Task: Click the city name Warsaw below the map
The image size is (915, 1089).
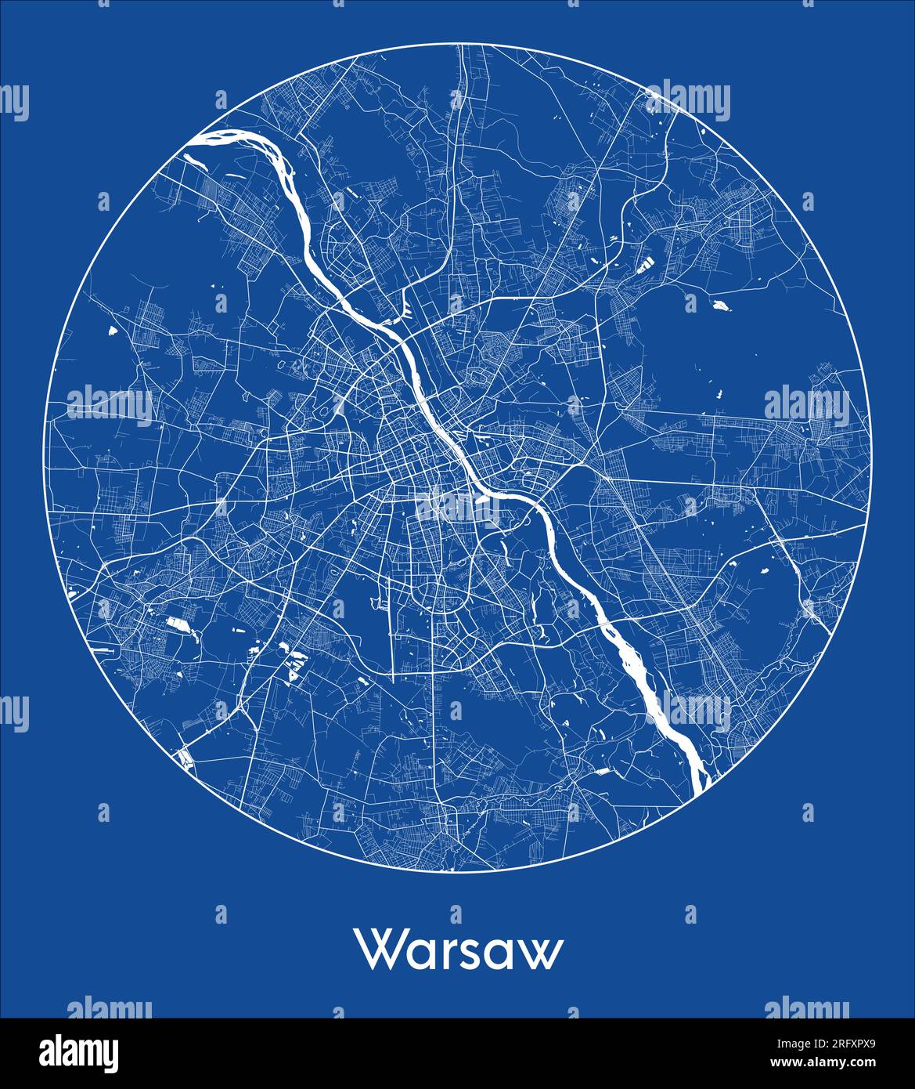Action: [460, 950]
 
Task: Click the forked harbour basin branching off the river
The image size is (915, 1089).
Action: [405, 309]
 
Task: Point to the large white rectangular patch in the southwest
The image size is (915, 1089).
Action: [176, 624]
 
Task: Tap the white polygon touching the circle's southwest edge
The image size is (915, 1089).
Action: [185, 757]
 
